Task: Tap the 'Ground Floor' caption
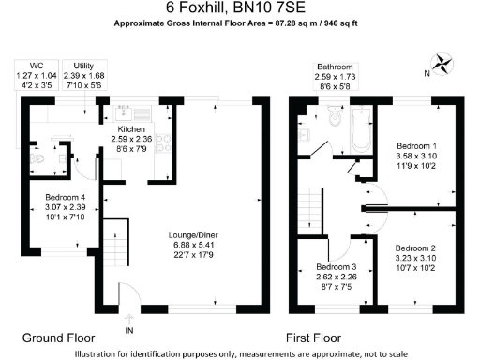click(x=58, y=337)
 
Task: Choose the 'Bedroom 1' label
click(x=416, y=147)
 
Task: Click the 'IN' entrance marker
click(x=128, y=329)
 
